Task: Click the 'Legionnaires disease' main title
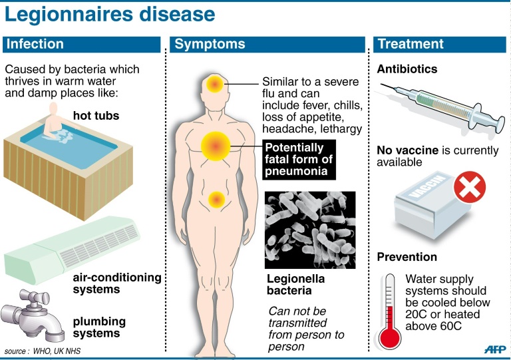(x=110, y=15)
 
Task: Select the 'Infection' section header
(x=34, y=45)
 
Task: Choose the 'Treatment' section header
(x=410, y=45)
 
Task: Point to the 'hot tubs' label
(x=96, y=116)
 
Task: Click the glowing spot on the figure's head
(x=216, y=85)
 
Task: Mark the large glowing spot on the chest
(x=216, y=146)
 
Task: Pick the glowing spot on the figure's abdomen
(x=216, y=198)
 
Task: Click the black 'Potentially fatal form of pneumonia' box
(x=299, y=160)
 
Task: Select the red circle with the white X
(x=470, y=188)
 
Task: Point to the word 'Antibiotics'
(x=407, y=69)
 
